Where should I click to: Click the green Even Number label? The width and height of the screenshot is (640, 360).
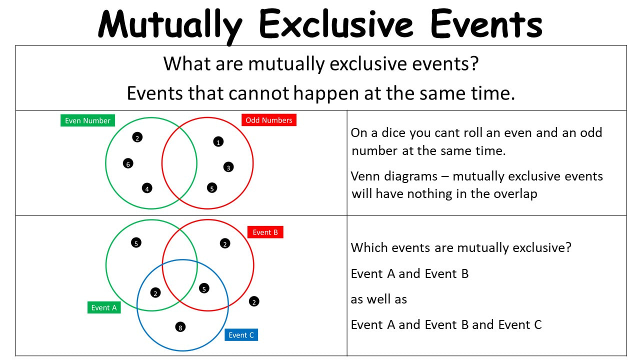tap(87, 120)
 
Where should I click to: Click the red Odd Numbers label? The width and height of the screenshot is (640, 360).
tap(269, 120)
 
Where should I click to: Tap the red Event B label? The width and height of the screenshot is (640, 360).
tap(265, 232)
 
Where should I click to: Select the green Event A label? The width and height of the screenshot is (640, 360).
tap(104, 307)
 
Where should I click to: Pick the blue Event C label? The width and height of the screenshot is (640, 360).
tap(241, 335)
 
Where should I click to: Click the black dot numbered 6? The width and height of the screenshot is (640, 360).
tap(128, 163)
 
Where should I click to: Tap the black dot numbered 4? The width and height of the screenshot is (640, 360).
tap(147, 188)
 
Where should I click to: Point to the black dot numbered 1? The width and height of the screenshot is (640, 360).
tap(218, 141)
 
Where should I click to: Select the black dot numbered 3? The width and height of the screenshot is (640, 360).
tap(228, 167)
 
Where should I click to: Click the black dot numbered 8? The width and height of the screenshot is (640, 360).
tap(180, 327)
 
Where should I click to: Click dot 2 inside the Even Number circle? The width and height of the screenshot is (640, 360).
tap(137, 137)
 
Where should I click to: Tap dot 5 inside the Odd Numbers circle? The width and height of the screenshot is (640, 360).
tap(212, 188)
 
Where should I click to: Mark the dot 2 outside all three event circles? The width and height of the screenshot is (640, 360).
tap(254, 301)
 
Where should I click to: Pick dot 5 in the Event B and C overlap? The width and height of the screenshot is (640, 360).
tap(204, 288)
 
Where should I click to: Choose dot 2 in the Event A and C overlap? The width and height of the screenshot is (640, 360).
tap(155, 293)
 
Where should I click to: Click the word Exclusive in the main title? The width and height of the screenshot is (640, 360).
tap(336, 24)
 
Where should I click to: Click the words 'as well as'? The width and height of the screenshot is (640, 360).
tap(379, 299)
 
